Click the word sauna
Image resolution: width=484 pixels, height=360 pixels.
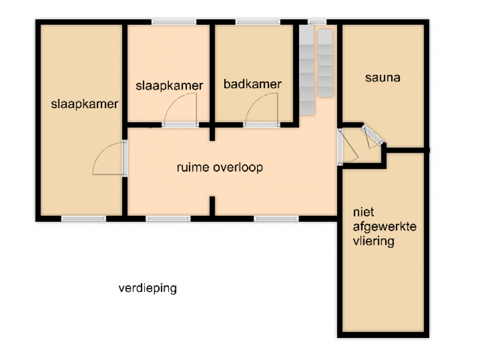pos(383,77)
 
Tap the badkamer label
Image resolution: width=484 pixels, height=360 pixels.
pos(253,84)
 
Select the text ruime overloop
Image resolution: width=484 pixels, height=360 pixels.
pos(220,167)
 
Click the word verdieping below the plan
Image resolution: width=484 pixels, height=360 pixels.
pos(147,288)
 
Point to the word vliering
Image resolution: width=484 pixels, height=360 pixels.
pos(374,241)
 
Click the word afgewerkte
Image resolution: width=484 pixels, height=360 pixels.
pos(385,227)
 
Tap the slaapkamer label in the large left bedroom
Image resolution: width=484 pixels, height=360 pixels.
pos(84,104)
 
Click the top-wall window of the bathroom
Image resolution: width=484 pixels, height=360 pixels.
pos(258,22)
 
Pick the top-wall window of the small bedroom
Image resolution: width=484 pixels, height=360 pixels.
pos(174,22)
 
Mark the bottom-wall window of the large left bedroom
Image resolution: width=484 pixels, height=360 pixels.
pos(84,218)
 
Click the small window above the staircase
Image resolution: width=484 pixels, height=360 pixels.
pos(317,22)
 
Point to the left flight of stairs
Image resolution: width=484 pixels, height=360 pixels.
pos(307,70)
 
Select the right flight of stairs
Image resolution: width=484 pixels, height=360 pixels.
pos(325,63)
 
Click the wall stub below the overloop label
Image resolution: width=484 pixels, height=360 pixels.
pos(212,206)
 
